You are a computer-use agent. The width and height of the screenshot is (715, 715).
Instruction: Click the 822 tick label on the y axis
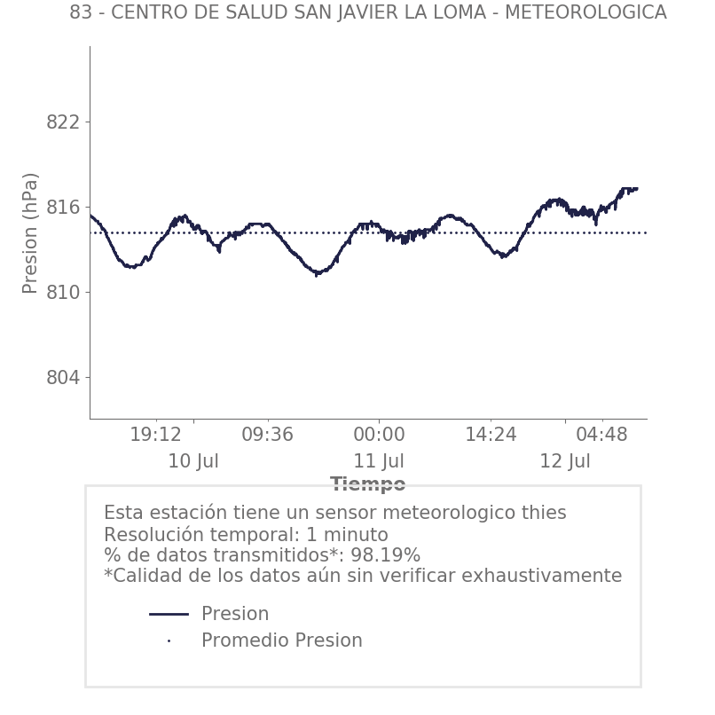click(x=62, y=122)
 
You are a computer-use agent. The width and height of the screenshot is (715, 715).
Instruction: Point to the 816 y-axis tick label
click(x=62, y=208)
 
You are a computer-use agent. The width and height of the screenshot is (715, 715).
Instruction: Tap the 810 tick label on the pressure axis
click(x=62, y=293)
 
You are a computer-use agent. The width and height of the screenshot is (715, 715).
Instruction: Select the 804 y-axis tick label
click(x=62, y=378)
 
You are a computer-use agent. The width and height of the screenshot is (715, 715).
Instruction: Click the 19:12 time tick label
click(x=155, y=436)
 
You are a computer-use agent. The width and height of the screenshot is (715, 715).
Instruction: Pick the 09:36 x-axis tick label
click(x=267, y=436)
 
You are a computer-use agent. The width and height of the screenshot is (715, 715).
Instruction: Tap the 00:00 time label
click(x=379, y=436)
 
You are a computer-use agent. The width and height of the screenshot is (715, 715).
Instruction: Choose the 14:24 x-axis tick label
click(x=491, y=436)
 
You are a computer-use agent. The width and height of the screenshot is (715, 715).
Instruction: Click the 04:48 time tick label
click(x=601, y=436)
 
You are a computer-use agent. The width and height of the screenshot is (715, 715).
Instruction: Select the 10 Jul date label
click(x=193, y=462)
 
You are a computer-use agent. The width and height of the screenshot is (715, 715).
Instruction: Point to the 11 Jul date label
click(x=379, y=462)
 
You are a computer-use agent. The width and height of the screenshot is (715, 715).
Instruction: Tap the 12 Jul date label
click(x=565, y=462)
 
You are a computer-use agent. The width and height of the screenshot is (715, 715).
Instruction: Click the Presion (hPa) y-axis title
click(x=31, y=232)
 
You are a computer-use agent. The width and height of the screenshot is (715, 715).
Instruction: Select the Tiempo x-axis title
click(x=367, y=484)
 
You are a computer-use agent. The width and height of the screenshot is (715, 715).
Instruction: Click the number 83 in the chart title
click(x=80, y=13)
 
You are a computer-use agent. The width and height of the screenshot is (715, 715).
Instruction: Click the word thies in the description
click(x=544, y=514)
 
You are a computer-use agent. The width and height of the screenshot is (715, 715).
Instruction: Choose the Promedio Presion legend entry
click(x=281, y=640)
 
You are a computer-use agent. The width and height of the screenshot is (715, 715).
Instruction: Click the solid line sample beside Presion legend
click(x=169, y=614)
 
